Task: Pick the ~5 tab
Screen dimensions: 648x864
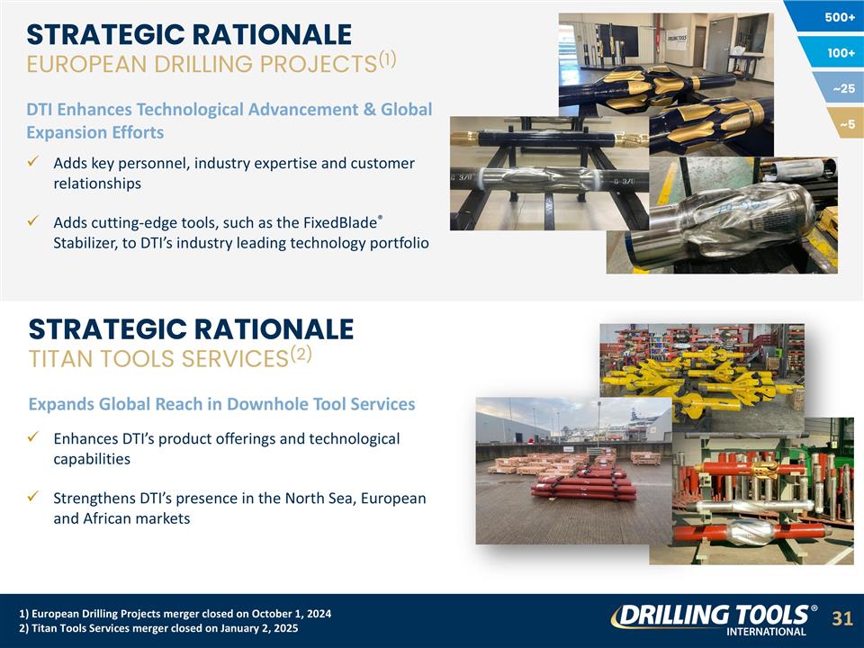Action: (x=848, y=123)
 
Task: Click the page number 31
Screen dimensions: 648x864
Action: (x=841, y=618)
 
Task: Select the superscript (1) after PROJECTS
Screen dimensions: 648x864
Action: (x=387, y=59)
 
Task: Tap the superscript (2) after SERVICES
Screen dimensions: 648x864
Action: (x=301, y=353)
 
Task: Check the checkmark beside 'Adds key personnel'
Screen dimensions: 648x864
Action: (x=32, y=163)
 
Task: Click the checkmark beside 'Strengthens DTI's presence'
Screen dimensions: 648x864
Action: (x=32, y=498)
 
